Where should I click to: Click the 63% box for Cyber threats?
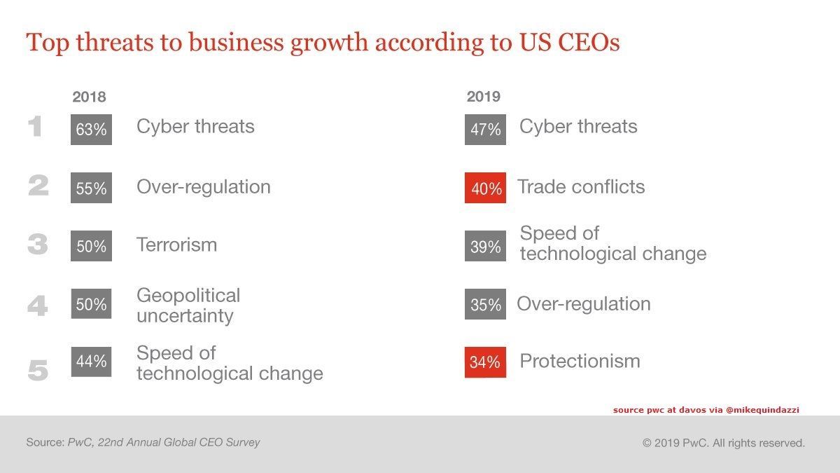[x=91, y=130]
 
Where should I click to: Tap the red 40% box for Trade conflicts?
[x=485, y=188]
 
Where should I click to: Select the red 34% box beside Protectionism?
[x=485, y=362]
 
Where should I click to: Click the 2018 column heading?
[x=89, y=97]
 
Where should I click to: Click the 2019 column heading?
[x=484, y=97]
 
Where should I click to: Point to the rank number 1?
[x=36, y=128]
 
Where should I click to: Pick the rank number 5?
[x=38, y=371]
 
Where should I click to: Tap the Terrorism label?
[x=176, y=245]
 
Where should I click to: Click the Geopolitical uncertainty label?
[x=188, y=306]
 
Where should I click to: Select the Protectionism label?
[x=580, y=361]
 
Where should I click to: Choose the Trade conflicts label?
[x=581, y=187]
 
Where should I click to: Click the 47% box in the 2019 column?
[x=485, y=130]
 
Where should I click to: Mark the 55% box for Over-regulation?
[x=91, y=188]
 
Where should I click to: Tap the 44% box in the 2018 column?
[x=91, y=362]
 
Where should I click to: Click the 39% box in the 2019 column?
[x=485, y=246]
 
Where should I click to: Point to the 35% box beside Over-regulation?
[x=485, y=304]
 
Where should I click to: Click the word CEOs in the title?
[x=585, y=43]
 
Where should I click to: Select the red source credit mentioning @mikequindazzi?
[x=706, y=409]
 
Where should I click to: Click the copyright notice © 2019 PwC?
[x=723, y=443]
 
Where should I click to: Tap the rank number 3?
[x=38, y=245]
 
